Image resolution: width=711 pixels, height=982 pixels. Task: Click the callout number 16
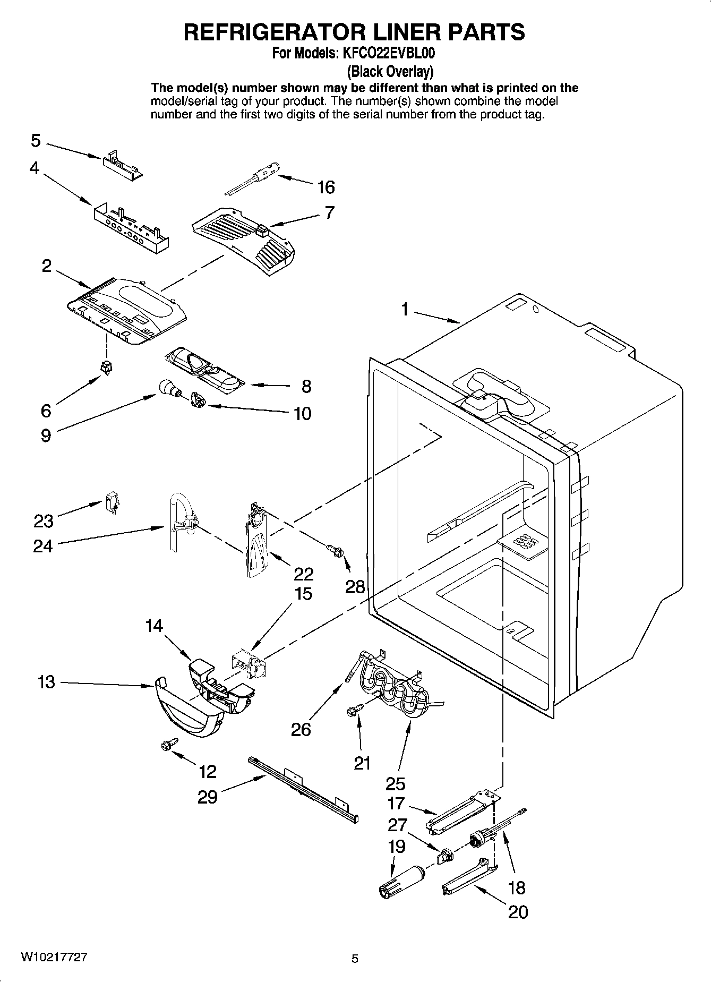pyautogui.click(x=325, y=187)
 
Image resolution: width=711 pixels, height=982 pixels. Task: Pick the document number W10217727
pyautogui.click(x=54, y=958)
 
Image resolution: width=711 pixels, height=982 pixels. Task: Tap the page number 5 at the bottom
pyautogui.click(x=355, y=959)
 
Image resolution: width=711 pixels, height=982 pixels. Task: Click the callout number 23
pyautogui.click(x=44, y=521)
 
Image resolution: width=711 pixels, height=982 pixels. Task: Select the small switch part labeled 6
pyautogui.click(x=106, y=367)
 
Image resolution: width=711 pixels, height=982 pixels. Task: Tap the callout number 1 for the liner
pyautogui.click(x=405, y=309)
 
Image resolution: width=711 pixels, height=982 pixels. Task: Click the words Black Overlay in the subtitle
pyautogui.click(x=390, y=71)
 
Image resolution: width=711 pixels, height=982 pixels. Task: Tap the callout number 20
pyautogui.click(x=518, y=912)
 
